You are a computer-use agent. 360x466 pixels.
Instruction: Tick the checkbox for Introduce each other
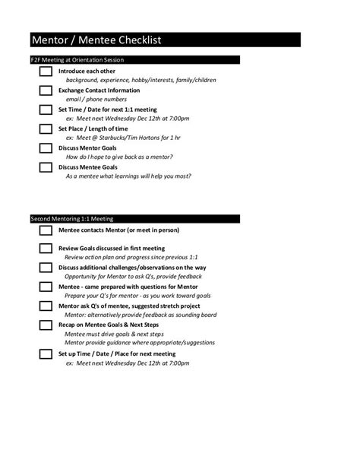pos(46,71)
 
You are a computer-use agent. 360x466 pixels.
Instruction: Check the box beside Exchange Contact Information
pos(46,90)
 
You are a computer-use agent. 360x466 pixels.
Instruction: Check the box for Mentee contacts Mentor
pos(46,230)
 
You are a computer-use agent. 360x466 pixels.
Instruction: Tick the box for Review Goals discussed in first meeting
pos(46,249)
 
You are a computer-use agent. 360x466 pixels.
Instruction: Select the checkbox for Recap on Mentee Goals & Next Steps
pos(46,325)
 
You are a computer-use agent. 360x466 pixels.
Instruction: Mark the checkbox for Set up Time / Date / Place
pos(46,354)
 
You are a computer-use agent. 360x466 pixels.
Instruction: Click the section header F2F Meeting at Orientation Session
pos(83,59)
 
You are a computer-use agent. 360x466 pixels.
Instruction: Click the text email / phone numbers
pos(94,99)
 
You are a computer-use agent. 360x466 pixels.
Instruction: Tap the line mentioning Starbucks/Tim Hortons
pos(123,138)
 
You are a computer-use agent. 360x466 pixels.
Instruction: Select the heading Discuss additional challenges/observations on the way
pos(133,268)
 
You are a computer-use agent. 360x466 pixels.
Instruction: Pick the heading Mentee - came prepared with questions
pos(128,287)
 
